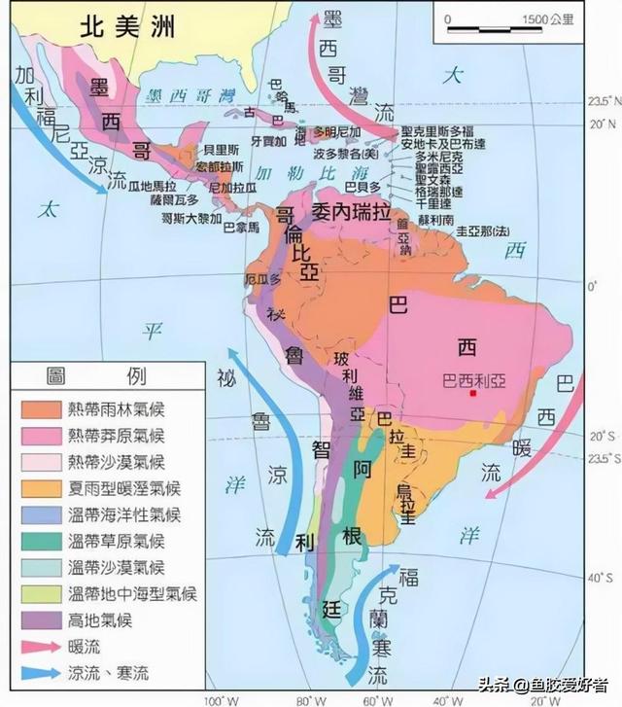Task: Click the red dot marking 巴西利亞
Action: point(473,393)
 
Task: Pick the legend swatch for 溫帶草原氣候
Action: point(37,540)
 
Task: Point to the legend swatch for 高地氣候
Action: point(37,619)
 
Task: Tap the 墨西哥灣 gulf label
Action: point(188,95)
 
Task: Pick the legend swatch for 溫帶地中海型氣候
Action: point(37,592)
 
